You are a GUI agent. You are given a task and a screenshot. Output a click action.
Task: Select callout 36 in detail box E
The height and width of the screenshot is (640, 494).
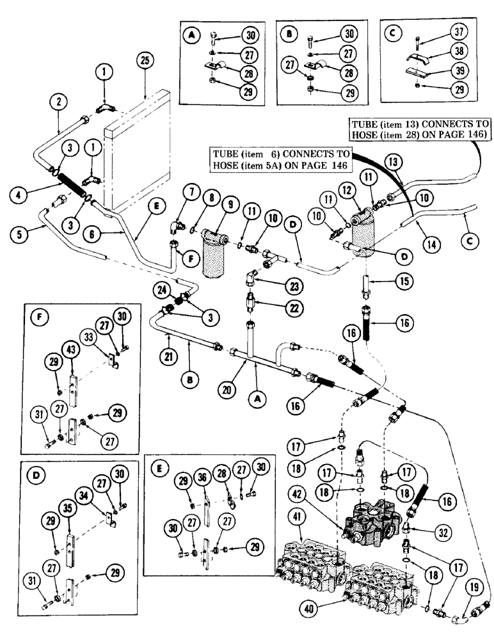(202, 486)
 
